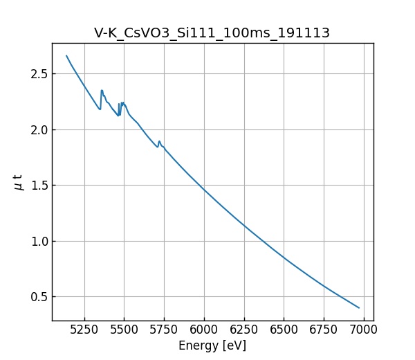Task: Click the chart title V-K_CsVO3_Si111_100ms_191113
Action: click(x=212, y=33)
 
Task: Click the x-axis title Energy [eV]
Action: click(x=212, y=345)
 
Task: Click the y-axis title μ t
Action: click(x=19, y=182)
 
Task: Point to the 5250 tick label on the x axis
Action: click(x=84, y=330)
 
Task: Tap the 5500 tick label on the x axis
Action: click(x=124, y=330)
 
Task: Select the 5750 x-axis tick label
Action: click(x=165, y=330)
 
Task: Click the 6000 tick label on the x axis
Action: click(x=204, y=330)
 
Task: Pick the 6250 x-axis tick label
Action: click(x=244, y=330)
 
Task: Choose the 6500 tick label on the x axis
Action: click(x=284, y=330)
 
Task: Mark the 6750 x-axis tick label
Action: click(x=324, y=330)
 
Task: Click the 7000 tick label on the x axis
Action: click(x=364, y=330)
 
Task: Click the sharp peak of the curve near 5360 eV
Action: click(x=102, y=90)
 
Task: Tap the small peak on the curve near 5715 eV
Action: click(x=159, y=141)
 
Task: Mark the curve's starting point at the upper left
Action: click(x=66, y=55)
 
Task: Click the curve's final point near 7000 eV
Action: click(x=359, y=307)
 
